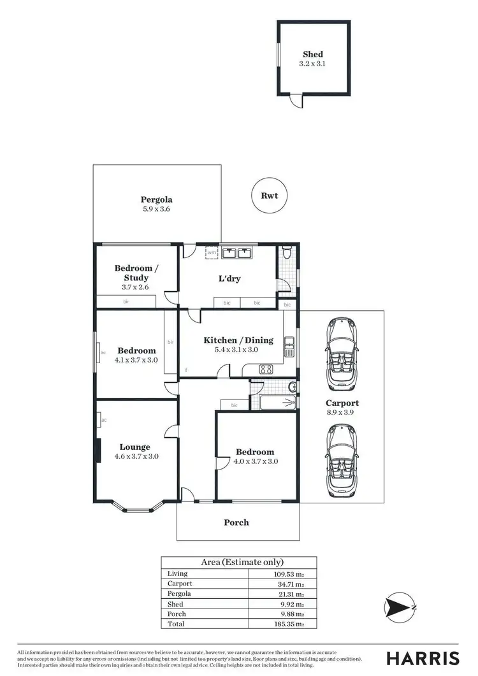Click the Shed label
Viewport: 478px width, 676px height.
313,55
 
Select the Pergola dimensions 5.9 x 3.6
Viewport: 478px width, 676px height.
157,209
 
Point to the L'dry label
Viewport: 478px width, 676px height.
230,278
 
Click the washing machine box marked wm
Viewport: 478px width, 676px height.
212,253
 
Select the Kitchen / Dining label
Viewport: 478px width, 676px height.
238,340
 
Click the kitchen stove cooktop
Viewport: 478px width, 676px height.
266,369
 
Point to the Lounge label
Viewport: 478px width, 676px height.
134,447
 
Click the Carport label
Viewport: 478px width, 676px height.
342,403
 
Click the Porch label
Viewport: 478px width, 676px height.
236,522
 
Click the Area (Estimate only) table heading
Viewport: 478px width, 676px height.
242,562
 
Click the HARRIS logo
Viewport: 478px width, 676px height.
422,658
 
